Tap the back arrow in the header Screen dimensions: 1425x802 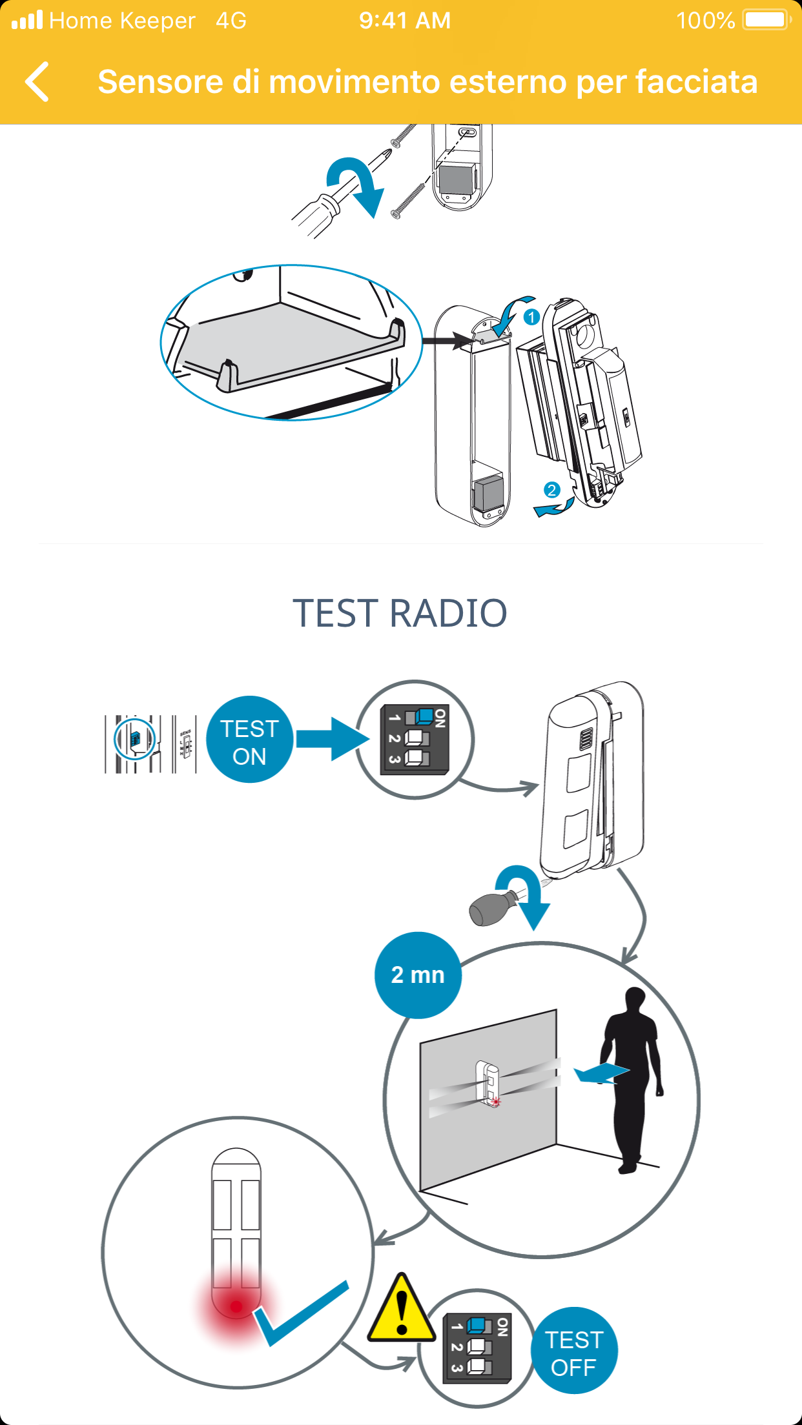[37, 82]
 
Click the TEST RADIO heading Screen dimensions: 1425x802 [400, 613]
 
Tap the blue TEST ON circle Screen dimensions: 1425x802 [249, 740]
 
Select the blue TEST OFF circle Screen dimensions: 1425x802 [574, 1351]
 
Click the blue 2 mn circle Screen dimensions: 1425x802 [418, 975]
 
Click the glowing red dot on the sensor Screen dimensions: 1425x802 [236, 1306]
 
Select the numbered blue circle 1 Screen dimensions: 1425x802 [531, 317]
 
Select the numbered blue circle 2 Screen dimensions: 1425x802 [551, 490]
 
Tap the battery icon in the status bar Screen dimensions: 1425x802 [766, 20]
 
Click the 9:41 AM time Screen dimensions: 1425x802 [405, 21]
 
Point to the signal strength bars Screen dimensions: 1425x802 [27, 20]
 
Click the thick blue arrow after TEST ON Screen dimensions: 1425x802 [332, 739]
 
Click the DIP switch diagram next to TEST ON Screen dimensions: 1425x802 [415, 739]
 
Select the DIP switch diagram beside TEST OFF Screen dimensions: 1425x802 [477, 1348]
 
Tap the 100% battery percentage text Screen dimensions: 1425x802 [705, 21]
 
